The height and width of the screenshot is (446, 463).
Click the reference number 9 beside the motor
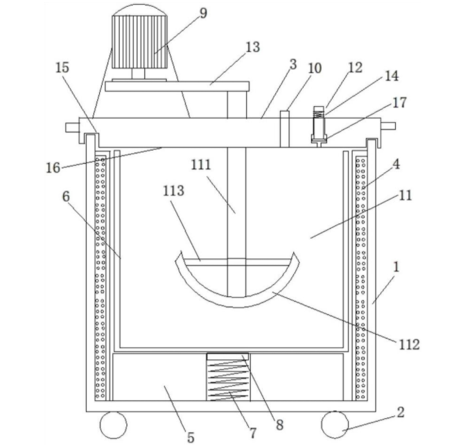(203, 13)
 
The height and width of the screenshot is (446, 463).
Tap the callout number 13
(252, 47)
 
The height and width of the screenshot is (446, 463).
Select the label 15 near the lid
(62, 68)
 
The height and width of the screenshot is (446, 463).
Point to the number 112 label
(409, 345)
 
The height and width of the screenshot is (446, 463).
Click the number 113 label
(173, 191)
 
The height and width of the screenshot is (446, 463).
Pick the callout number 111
(201, 164)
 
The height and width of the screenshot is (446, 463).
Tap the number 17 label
(399, 103)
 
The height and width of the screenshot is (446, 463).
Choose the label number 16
(53, 168)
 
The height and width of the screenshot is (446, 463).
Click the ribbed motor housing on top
(139, 42)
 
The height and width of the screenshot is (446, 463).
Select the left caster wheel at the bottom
(114, 424)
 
